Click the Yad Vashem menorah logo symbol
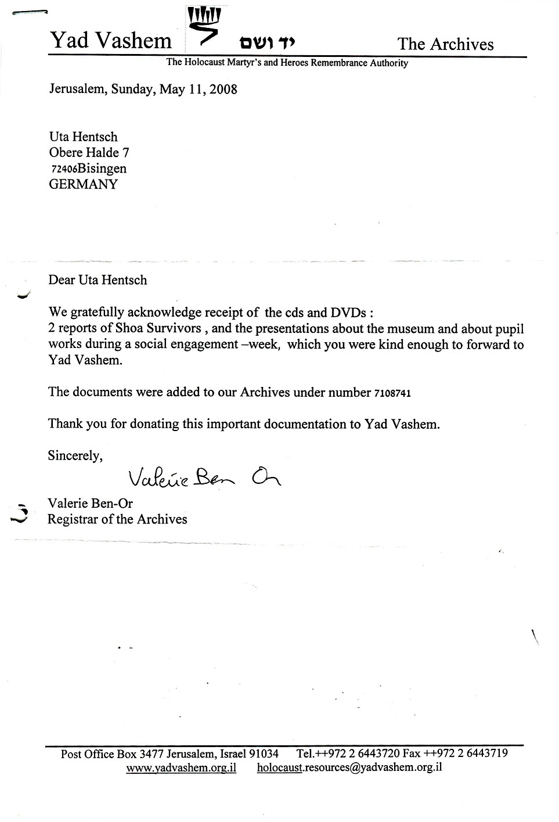click(x=205, y=26)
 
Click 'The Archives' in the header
click(x=445, y=44)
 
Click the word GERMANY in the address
click(x=83, y=185)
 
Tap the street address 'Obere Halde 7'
click(x=89, y=153)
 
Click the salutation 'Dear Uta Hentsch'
click(x=98, y=280)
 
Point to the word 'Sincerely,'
click(x=75, y=456)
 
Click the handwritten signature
click(x=203, y=478)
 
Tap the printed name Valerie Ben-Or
click(x=90, y=504)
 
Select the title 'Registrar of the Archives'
click(x=117, y=519)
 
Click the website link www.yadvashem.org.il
click(x=181, y=767)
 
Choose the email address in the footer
click(x=349, y=767)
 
